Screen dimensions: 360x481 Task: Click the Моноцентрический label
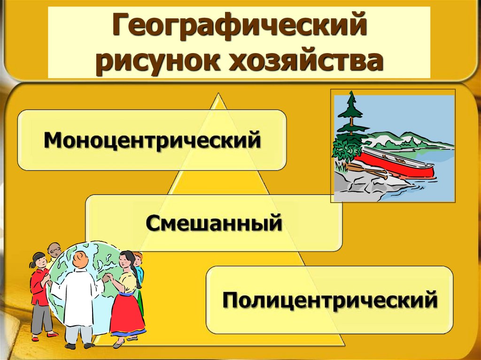click(152, 140)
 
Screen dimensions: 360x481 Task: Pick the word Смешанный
click(214, 223)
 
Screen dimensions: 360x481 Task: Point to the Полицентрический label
click(329, 299)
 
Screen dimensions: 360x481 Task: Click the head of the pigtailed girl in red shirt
click(39, 260)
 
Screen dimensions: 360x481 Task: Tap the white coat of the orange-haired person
click(78, 296)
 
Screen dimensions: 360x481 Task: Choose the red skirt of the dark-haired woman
click(126, 313)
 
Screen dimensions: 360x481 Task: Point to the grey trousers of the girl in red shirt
click(41, 317)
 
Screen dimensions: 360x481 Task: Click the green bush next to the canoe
click(345, 148)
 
